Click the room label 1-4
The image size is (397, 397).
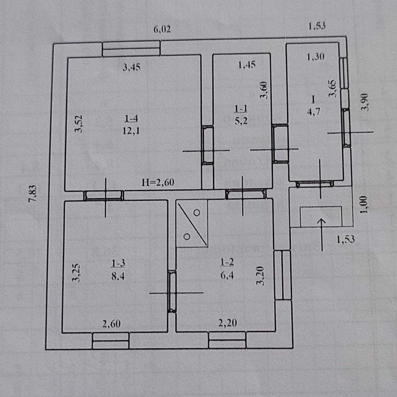tap(131, 118)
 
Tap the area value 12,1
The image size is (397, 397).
tap(131, 131)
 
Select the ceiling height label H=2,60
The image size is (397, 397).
tap(157, 182)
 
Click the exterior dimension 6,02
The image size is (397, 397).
tap(162, 30)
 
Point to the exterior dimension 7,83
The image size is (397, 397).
tap(33, 194)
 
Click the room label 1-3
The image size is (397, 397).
tap(119, 263)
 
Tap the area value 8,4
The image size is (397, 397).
tap(118, 276)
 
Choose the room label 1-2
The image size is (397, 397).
tap(227, 262)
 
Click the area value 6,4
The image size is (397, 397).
tap(227, 275)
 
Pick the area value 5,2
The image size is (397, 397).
tap(241, 121)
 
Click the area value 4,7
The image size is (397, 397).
tap(314, 111)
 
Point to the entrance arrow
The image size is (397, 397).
tap(322, 235)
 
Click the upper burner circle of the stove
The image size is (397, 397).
tap(197, 213)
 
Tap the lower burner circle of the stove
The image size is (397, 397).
tap(187, 237)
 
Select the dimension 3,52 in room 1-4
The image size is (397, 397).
tap(79, 124)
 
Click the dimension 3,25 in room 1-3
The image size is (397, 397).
tap(76, 273)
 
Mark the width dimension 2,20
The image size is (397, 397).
tap(228, 323)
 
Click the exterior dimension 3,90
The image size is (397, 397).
tap(365, 102)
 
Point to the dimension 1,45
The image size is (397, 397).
tap(247, 65)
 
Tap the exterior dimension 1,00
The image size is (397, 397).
tap(364, 205)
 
